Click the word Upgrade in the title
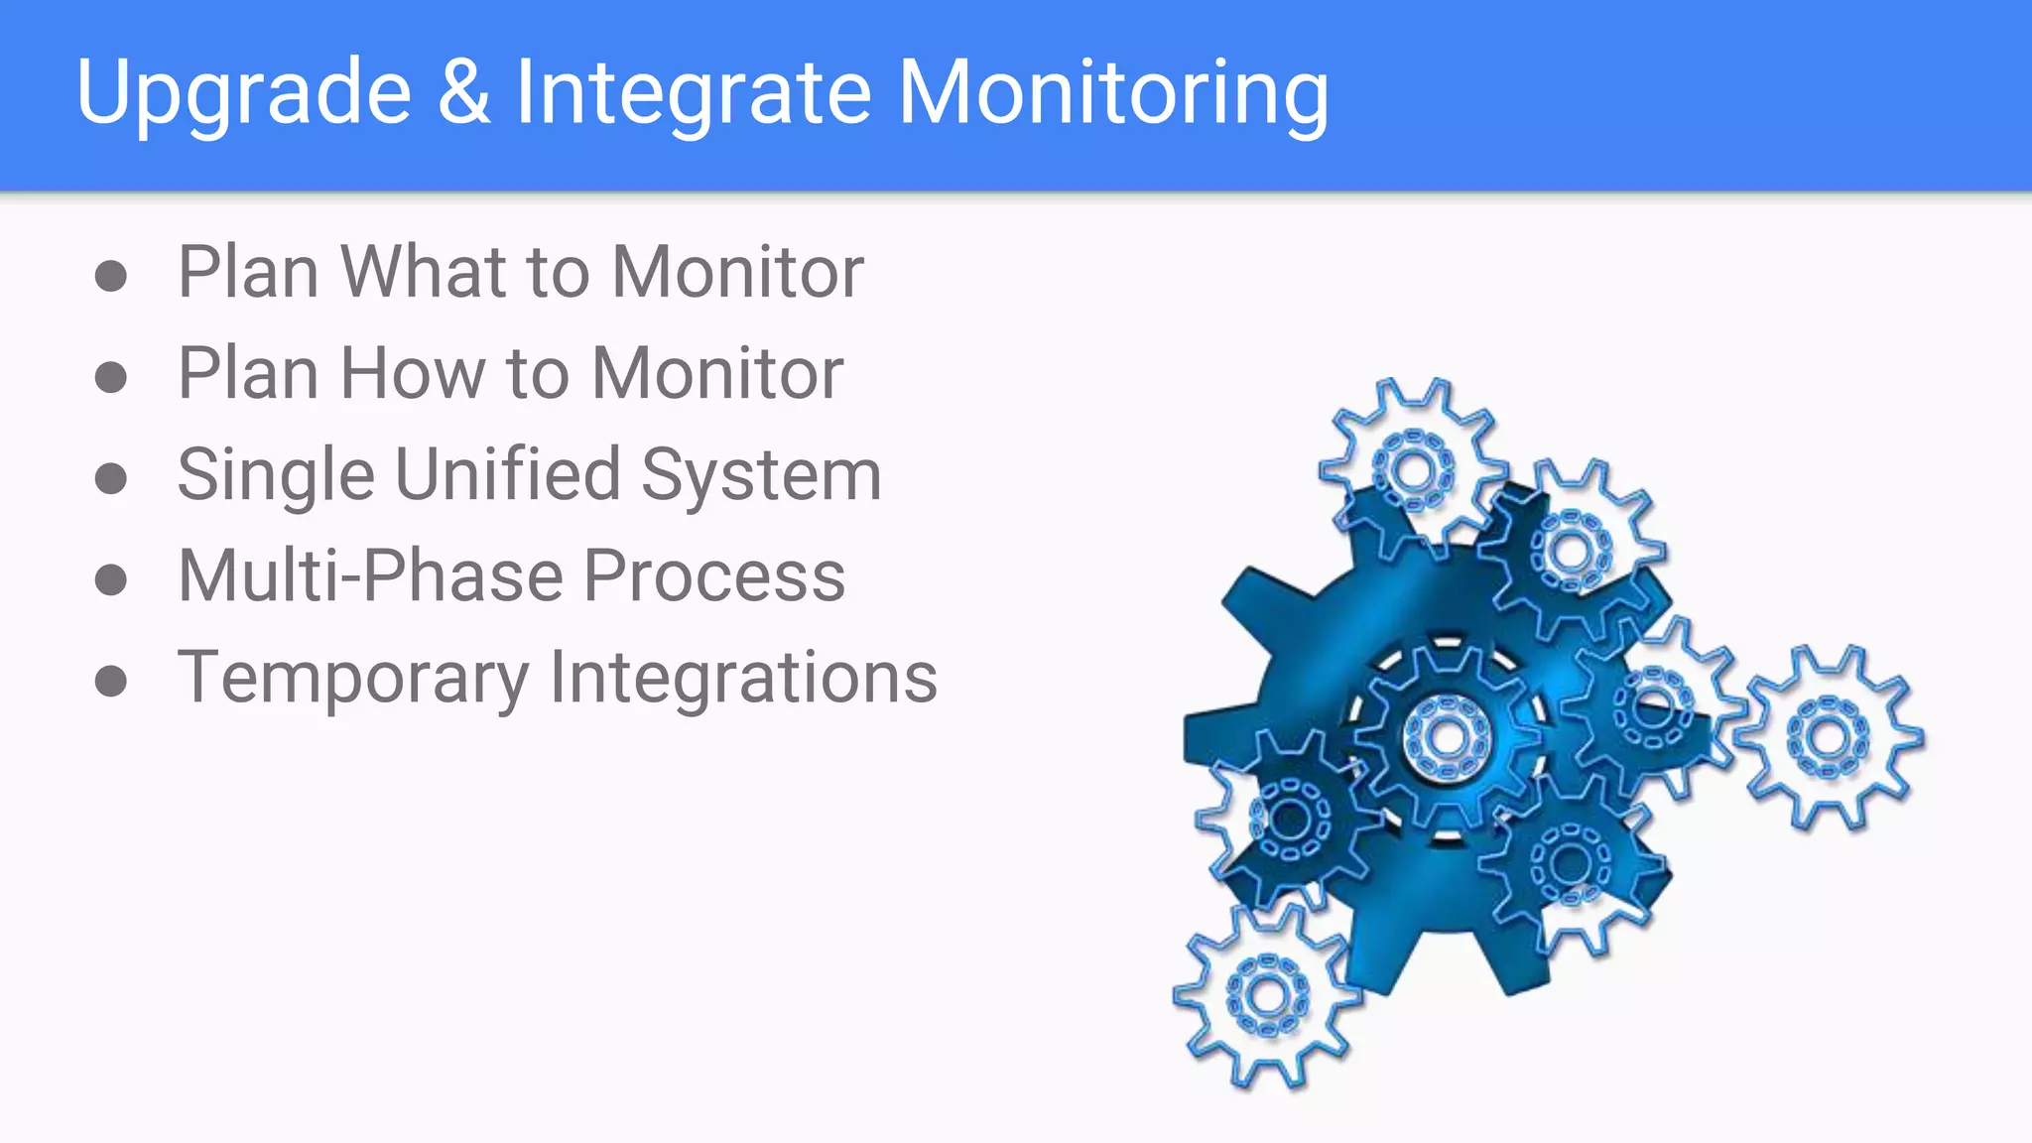click(x=243, y=93)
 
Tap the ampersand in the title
click(x=463, y=91)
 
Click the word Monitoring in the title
click(x=1112, y=93)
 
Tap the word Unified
click(x=507, y=474)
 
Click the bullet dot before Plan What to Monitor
click(x=111, y=275)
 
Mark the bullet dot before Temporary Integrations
click(x=111, y=681)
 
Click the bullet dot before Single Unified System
click(x=111, y=478)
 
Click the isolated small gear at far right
click(x=1828, y=737)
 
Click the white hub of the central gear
click(x=1447, y=737)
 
